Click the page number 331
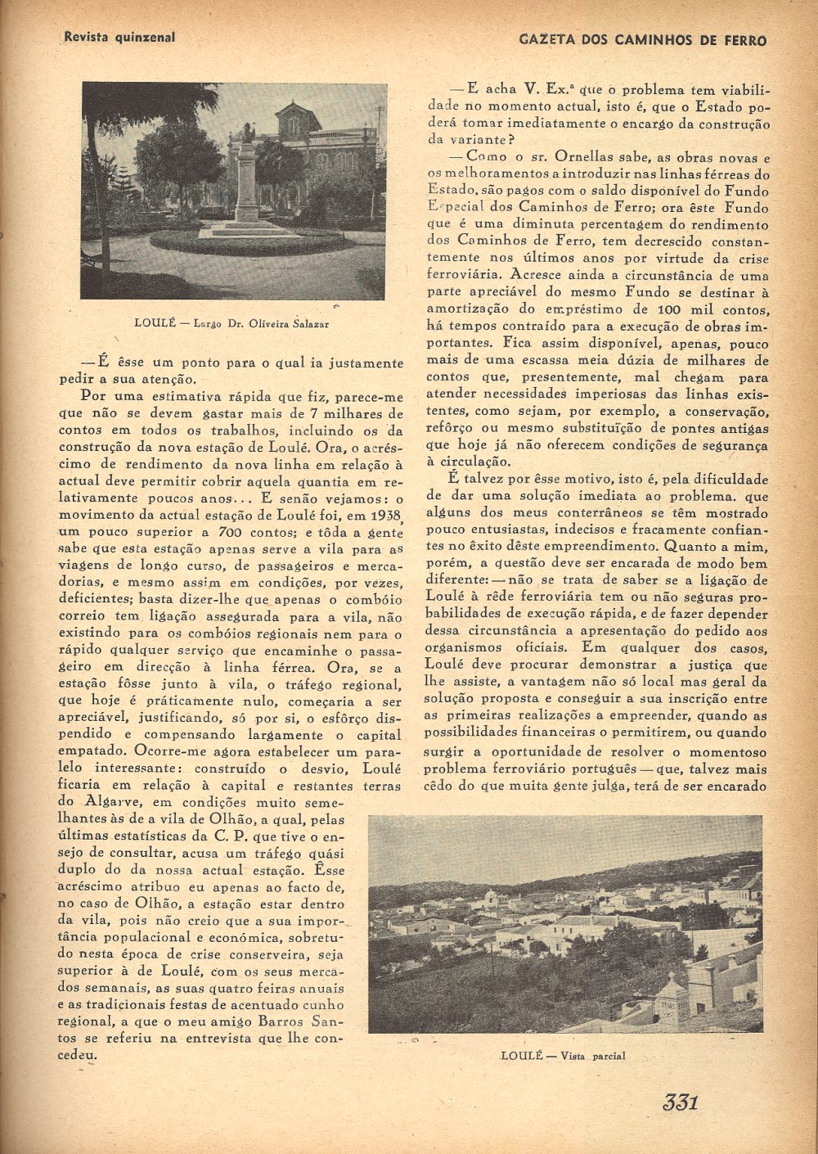pos(680,1102)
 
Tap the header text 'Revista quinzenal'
pos(119,37)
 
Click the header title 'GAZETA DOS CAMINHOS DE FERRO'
pos(643,40)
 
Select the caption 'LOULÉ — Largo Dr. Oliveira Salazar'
pos(231,324)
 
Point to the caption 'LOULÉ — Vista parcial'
pos(563,1056)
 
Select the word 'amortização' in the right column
pos(464,309)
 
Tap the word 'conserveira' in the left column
pos(276,954)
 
